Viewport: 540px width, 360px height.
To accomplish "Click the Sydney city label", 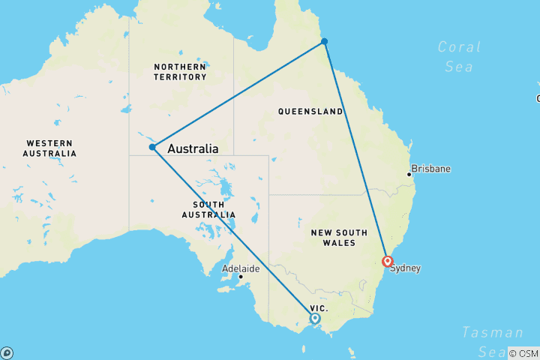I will point(405,268).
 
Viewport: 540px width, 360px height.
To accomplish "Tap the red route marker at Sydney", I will point(387,262).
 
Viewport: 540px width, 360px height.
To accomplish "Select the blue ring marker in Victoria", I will point(315,318).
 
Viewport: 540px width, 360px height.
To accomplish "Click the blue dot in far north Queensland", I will point(324,41).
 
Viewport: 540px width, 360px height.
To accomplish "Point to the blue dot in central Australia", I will point(152,147).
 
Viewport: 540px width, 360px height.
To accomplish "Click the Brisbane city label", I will point(431,169).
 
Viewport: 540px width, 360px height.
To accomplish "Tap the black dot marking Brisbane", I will point(409,174).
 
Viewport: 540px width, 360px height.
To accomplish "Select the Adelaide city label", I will point(241,268).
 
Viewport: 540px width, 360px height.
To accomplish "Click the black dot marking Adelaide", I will point(241,277).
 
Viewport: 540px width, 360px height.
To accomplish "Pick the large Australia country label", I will point(193,148).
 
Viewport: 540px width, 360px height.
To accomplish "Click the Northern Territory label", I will point(180,72).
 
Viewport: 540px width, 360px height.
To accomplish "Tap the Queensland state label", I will point(310,112).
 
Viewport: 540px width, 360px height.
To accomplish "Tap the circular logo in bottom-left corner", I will point(7,352).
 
